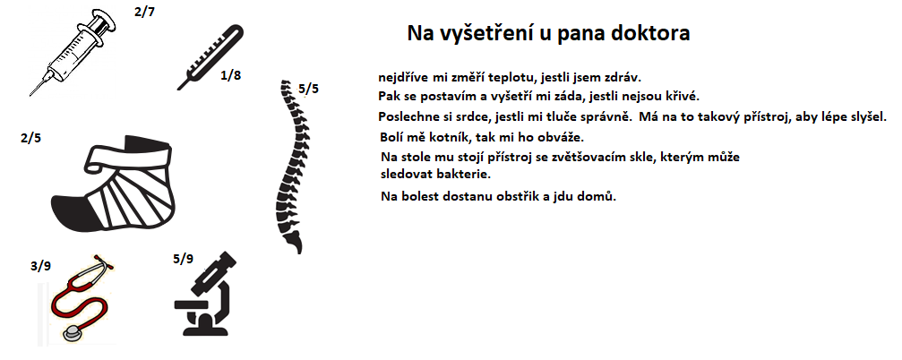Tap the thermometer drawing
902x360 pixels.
click(x=210, y=56)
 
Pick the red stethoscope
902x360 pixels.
click(x=81, y=300)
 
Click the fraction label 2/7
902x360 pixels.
click(x=144, y=12)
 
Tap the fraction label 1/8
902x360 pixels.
click(x=231, y=74)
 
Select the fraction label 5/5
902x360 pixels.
click(x=308, y=89)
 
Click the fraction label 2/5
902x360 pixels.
click(x=30, y=138)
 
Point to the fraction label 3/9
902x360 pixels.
click(x=40, y=266)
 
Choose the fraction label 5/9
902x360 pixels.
click(x=183, y=259)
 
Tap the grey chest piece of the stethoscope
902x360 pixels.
click(x=73, y=334)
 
